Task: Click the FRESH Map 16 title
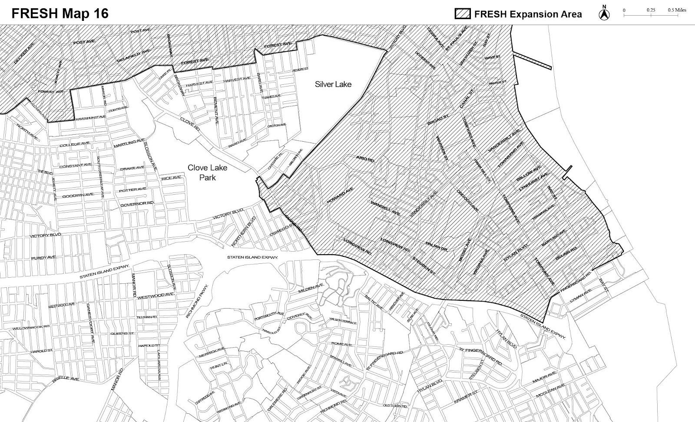click(60, 13)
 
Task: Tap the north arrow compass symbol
click(604, 13)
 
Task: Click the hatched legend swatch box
click(463, 14)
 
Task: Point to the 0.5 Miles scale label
click(677, 10)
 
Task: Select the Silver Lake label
click(333, 84)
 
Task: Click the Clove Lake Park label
click(207, 172)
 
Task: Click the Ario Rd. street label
click(365, 159)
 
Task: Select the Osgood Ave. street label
click(467, 200)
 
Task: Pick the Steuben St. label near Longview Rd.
click(424, 264)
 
